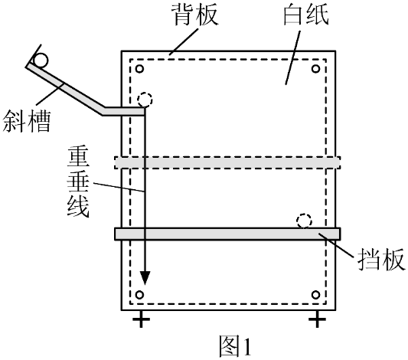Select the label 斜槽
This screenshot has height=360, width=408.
(26, 121)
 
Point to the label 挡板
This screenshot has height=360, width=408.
(381, 260)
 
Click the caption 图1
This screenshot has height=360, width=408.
(236, 346)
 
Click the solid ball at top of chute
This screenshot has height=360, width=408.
(41, 61)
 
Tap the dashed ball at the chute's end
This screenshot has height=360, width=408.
(145, 100)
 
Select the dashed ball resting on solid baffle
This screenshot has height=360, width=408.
(304, 221)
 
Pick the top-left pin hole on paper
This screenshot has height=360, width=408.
(140, 69)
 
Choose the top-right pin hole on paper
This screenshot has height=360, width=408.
(315, 69)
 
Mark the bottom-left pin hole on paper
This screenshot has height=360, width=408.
(140, 295)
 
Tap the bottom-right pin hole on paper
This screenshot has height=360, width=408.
(315, 295)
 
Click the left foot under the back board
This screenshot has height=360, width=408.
(141, 319)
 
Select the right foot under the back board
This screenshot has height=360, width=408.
(317, 319)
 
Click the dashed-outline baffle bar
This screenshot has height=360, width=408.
(227, 162)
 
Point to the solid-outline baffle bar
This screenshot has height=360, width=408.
(227, 234)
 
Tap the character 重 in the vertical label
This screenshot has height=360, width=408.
(78, 158)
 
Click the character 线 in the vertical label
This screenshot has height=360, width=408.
(78, 206)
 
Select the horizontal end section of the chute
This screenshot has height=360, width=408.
(123, 111)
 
